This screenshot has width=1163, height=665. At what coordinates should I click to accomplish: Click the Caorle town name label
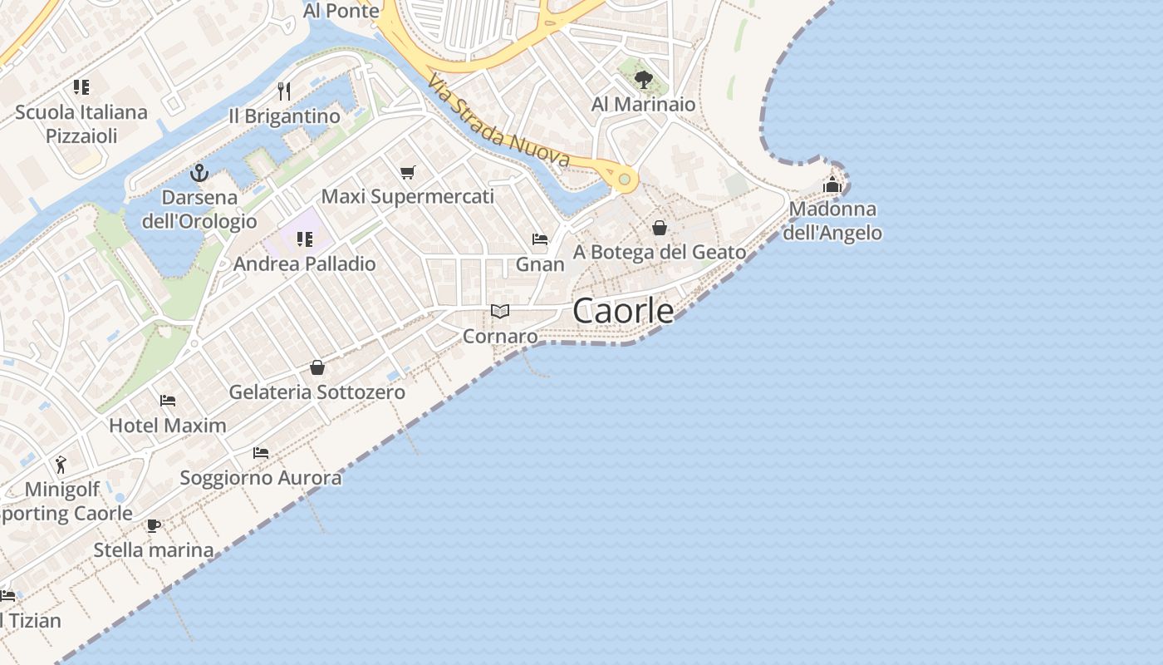pos(623,311)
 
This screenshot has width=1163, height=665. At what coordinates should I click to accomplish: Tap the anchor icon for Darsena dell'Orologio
pos(199,173)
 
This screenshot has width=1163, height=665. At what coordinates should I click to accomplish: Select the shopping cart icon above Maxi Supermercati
pos(407,172)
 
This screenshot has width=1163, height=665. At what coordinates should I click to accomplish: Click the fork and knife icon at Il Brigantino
pos(284,91)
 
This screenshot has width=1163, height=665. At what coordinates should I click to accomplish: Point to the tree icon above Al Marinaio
pos(643,80)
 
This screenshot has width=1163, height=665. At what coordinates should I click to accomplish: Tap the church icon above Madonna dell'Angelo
pos(832,185)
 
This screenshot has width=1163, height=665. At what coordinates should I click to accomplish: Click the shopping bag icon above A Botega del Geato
pos(660,227)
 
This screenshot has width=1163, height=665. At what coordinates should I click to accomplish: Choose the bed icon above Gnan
pos(540,239)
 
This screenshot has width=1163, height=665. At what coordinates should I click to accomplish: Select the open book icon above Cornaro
pos(499,312)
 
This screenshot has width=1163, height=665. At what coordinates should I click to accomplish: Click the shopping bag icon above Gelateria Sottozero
pos(317,367)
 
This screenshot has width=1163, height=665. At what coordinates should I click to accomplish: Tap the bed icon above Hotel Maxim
pos(168,400)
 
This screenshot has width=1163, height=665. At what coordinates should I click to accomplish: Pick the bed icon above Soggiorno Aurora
pos(261,453)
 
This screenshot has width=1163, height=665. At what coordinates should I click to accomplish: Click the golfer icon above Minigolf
pos(61,464)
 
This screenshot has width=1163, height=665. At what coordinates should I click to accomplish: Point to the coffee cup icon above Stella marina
pos(153,525)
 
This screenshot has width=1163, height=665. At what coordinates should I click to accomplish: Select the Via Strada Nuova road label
pos(499,121)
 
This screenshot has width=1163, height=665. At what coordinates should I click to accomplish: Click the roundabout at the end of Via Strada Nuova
pos(624,179)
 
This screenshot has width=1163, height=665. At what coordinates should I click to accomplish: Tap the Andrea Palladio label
pos(304,264)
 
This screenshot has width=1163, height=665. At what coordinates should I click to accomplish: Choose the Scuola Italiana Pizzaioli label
pos(81,124)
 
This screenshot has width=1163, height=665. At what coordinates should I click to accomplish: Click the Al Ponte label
pos(341,10)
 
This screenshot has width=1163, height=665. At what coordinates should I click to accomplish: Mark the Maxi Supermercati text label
pos(407,197)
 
